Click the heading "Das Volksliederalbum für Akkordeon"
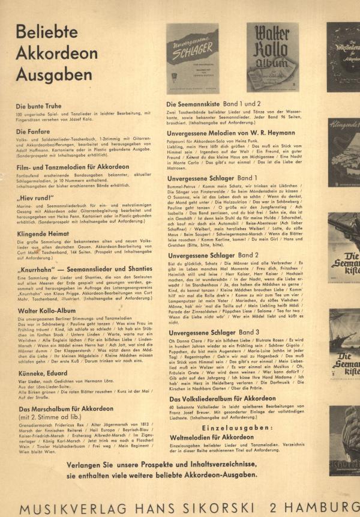[x=222, y=399]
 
